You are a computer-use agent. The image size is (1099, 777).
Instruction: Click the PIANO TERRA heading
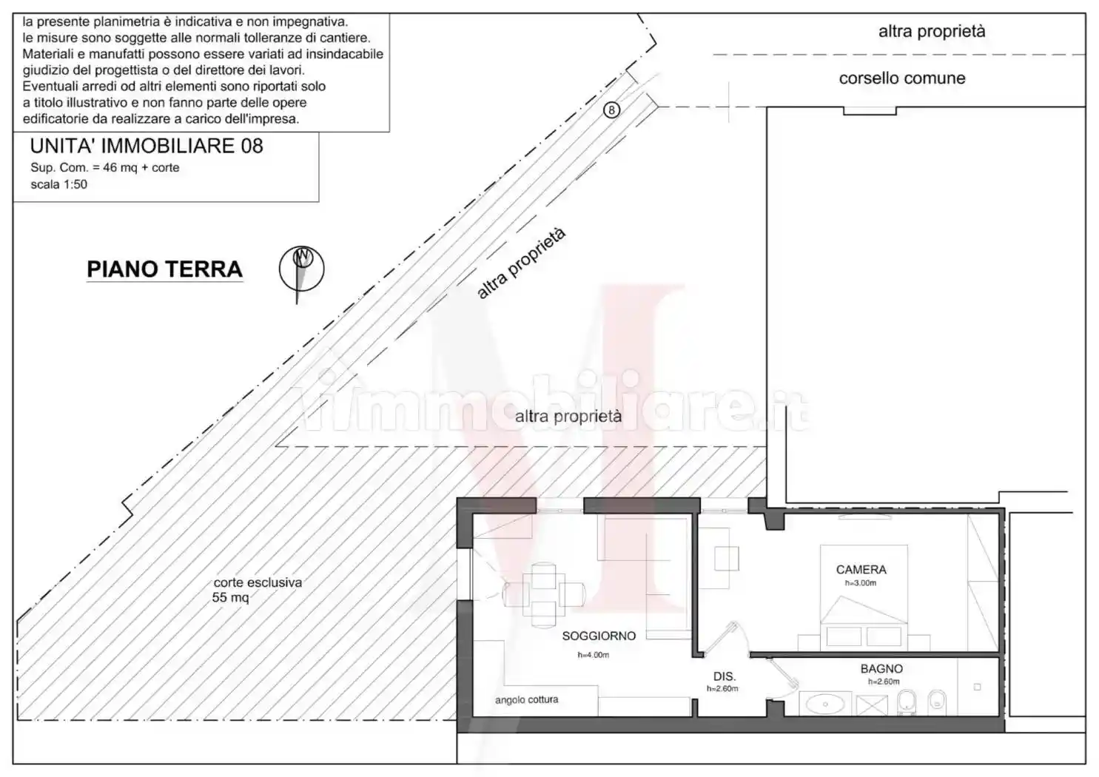click(164, 269)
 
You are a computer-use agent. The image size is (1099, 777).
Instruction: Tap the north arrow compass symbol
click(301, 269)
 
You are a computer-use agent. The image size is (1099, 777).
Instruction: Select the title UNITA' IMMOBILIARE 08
click(147, 146)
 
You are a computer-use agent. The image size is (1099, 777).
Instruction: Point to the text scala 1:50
click(58, 184)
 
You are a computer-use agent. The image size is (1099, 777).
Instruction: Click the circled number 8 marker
click(611, 110)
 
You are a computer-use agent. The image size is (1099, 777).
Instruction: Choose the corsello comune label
click(901, 78)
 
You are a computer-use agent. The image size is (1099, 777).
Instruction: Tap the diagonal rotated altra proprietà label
click(521, 263)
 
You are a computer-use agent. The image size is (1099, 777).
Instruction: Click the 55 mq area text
click(230, 597)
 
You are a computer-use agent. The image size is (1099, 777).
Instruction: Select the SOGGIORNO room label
click(598, 636)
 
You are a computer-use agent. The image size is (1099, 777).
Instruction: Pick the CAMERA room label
click(861, 570)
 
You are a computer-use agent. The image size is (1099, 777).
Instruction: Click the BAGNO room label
click(881, 669)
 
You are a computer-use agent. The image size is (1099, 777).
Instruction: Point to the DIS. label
click(724, 676)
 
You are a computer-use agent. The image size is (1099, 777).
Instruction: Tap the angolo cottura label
click(526, 699)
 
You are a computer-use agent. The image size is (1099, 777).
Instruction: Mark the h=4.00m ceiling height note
click(593, 655)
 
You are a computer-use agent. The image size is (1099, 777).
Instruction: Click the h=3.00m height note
click(860, 583)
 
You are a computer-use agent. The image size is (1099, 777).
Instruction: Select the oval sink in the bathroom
click(820, 704)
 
